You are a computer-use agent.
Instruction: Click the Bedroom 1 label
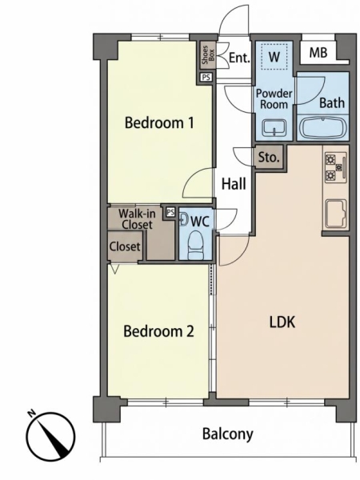159,123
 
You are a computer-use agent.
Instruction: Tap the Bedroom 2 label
158,331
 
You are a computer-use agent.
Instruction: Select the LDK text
282,322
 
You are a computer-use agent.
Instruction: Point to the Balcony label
228,434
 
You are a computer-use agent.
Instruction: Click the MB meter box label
318,53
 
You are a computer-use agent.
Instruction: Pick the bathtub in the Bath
322,128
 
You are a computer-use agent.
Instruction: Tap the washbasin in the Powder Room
274,127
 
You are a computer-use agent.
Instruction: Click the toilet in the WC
195,246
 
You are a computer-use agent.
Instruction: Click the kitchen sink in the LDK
336,214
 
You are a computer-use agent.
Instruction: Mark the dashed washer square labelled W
274,56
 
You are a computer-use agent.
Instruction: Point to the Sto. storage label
269,158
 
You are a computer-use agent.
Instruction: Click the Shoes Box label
208,55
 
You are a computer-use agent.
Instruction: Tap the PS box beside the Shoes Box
206,77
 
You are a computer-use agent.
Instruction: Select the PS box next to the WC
170,212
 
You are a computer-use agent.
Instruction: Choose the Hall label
234,184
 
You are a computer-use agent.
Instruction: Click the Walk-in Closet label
137,219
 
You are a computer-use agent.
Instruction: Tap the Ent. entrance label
239,58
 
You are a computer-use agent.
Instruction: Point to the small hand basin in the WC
183,219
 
